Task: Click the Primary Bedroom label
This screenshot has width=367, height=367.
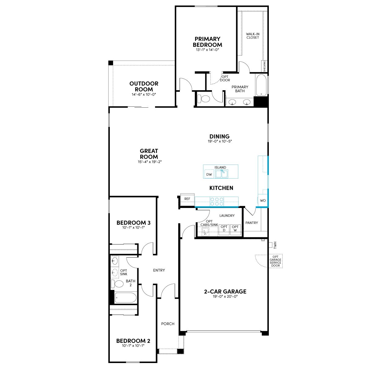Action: point(207,42)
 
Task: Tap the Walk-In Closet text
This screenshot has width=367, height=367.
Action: point(253,36)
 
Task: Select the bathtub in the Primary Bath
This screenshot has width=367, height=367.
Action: point(261,85)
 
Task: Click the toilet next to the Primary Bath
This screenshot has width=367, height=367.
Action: point(204,99)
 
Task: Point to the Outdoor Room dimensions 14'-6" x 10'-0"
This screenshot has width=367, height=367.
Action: point(144,95)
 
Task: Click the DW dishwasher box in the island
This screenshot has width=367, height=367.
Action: point(209,174)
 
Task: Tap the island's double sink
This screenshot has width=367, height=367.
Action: point(221,174)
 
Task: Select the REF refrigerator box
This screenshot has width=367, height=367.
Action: point(187,199)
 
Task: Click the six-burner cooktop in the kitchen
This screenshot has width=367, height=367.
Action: point(217,202)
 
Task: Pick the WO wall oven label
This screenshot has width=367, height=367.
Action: point(263,201)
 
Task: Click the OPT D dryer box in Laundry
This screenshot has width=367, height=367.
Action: point(224,230)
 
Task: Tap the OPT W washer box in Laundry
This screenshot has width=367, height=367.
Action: point(235,230)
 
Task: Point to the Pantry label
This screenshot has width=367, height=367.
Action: point(252,223)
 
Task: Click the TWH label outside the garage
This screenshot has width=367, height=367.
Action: point(275,245)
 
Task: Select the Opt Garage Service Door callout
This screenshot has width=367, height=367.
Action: point(275,261)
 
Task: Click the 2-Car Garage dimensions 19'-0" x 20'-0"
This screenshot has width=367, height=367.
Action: point(225,297)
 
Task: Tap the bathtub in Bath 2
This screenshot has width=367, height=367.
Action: point(125,298)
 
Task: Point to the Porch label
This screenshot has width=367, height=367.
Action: point(168,324)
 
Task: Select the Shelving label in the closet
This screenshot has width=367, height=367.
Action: point(264,66)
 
